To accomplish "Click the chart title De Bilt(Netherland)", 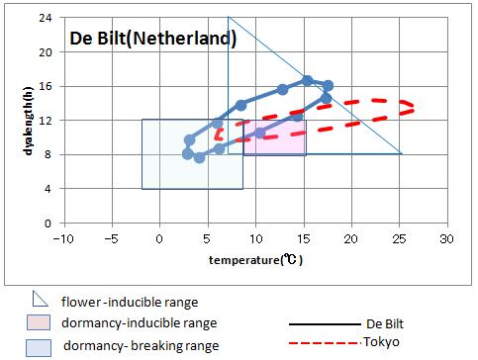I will coord(152,40).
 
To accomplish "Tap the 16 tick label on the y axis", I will coord(46,86).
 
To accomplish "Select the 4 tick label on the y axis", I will coord(48,189).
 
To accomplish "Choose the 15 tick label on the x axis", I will coord(303,239).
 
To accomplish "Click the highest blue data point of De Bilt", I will coord(308,80).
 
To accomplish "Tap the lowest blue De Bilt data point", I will coord(199,157).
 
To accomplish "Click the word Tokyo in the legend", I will coord(384,343).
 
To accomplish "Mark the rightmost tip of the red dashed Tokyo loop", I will coord(413,106).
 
